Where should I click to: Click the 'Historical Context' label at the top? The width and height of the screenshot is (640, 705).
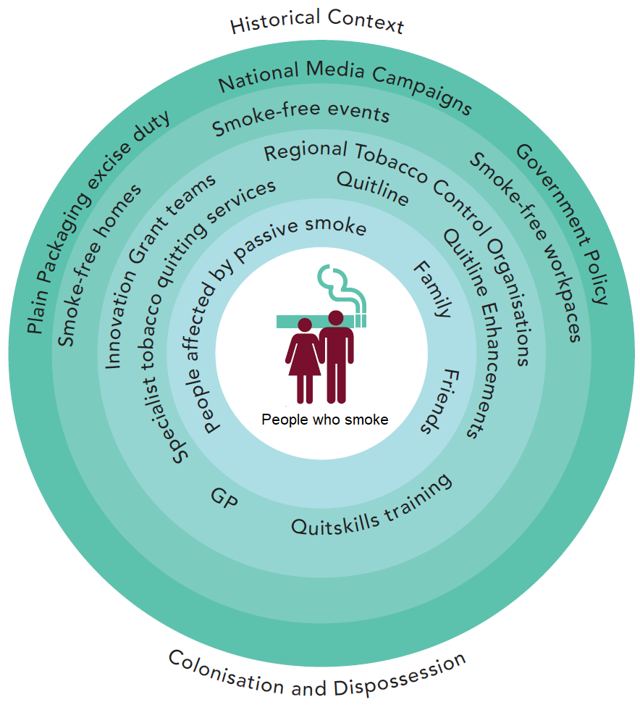click(x=316, y=21)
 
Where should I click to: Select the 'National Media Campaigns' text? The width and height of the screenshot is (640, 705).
click(x=345, y=83)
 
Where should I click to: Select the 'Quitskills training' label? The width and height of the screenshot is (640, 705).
click(x=372, y=506)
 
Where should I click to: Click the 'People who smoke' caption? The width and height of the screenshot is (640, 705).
click(x=324, y=420)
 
